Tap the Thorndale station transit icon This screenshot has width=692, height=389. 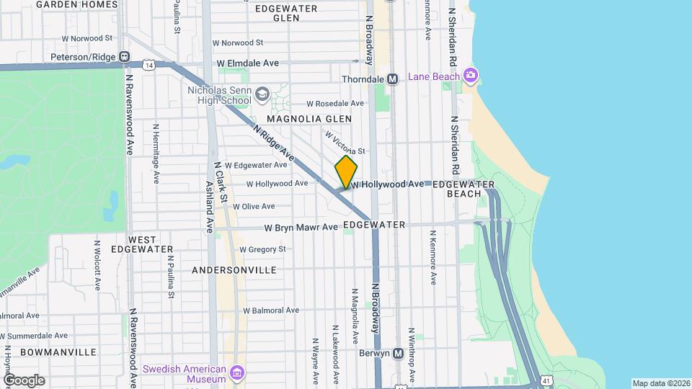tap(393, 79)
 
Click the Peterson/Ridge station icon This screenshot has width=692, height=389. tap(125, 56)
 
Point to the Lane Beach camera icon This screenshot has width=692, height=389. tap(471, 75)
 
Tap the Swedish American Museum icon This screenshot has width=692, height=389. tap(238, 373)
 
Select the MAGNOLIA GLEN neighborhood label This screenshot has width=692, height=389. tap(309, 119)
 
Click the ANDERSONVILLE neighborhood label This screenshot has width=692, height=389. tap(234, 270)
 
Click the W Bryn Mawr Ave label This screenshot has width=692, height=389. tap(301, 228)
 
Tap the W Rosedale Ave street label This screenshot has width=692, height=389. tap(335, 104)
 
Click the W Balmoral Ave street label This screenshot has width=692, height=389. tap(270, 310)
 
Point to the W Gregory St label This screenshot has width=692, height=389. tap(262, 249)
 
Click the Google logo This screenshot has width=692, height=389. tap(24, 380)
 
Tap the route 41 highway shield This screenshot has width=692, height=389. tap(546, 380)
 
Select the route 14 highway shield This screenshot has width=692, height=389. tap(148, 65)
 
